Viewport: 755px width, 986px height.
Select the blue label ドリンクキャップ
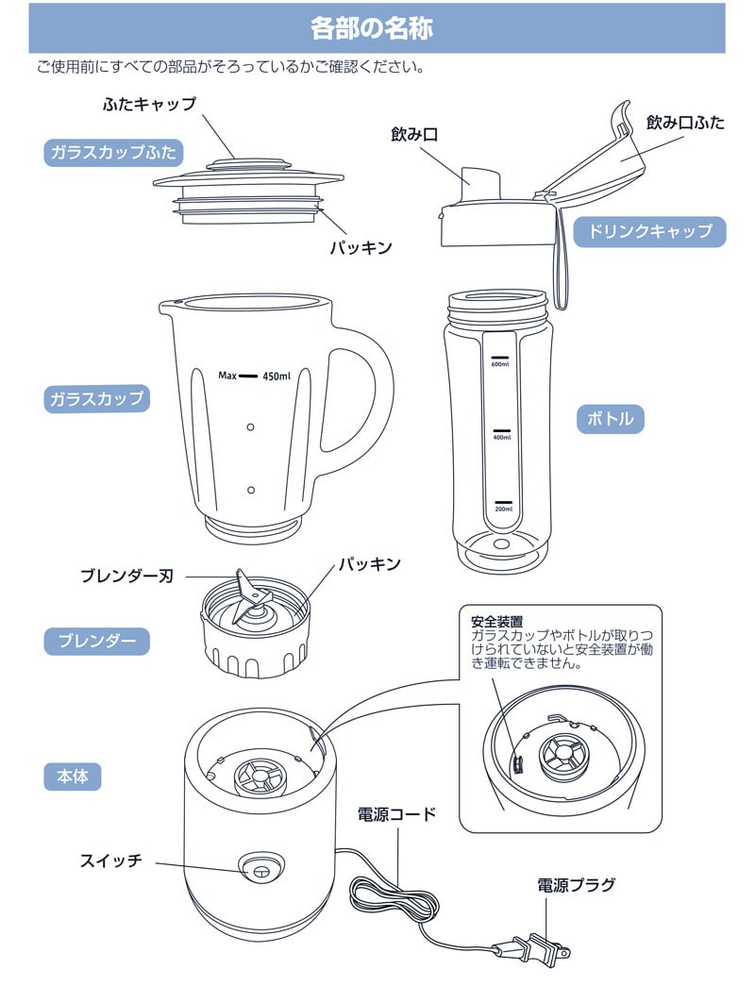tap(650, 231)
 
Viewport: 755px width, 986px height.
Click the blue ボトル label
tap(610, 418)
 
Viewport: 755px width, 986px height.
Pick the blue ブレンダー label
tap(96, 643)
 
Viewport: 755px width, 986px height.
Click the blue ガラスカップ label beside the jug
tap(97, 398)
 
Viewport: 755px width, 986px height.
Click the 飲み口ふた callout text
tap(684, 123)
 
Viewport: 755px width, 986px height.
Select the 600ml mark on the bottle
tap(500, 361)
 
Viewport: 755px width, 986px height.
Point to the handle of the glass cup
tap(373, 396)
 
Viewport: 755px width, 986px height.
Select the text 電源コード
tap(396, 813)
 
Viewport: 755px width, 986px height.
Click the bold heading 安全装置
tap(496, 623)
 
